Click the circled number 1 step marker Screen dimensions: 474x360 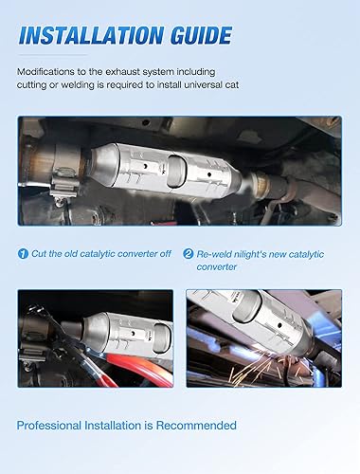tap(24, 254)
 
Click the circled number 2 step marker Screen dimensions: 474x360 tap(188, 254)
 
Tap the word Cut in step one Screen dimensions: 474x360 tap(42, 254)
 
